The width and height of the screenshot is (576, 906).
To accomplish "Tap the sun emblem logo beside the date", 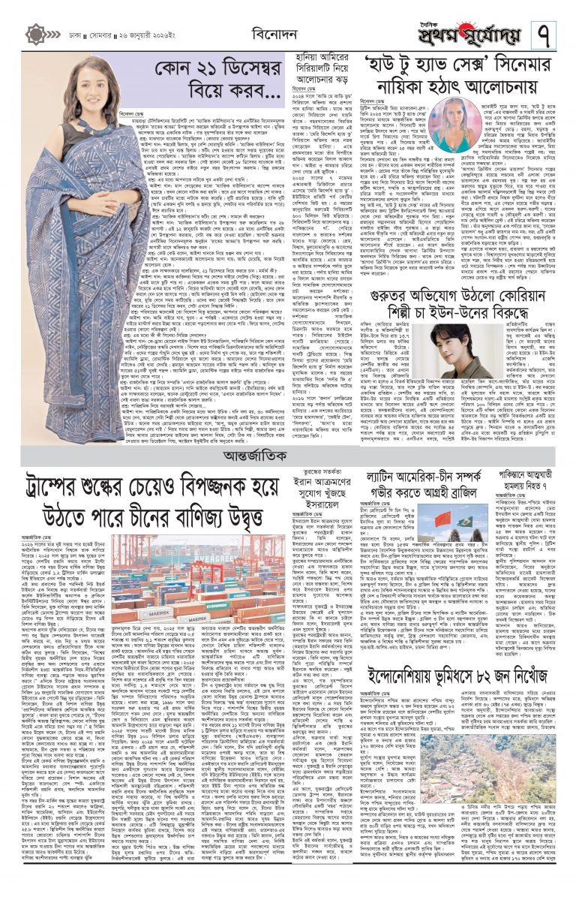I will [35, 35].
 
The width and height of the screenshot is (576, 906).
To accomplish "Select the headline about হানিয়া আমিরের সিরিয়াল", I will [321, 68].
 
